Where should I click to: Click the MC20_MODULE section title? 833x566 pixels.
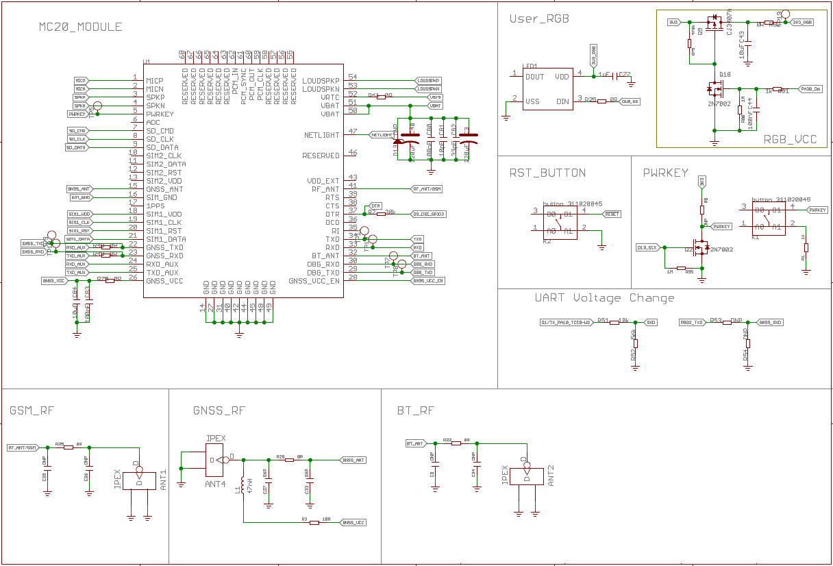(x=80, y=27)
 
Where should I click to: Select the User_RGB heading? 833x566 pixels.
(x=539, y=19)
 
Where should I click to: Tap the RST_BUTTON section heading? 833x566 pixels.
(x=547, y=173)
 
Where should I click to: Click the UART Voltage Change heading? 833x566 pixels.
(x=604, y=298)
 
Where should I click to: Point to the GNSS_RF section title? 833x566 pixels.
(x=219, y=410)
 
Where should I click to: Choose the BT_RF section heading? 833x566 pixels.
(x=416, y=410)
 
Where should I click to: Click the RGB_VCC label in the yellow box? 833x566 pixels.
(x=790, y=139)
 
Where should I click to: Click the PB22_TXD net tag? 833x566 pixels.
(x=692, y=322)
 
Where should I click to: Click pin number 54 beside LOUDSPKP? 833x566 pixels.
(x=353, y=77)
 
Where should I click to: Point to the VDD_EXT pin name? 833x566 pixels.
(x=323, y=181)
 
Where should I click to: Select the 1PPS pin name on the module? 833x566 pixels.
(x=156, y=206)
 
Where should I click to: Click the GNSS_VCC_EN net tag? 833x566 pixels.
(x=428, y=280)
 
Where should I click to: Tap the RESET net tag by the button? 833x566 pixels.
(x=612, y=214)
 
